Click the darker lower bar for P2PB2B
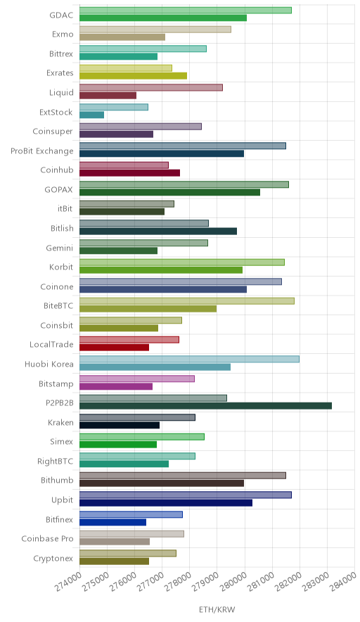(x=205, y=405)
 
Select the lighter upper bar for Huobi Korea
(x=190, y=359)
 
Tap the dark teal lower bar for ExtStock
(x=91, y=115)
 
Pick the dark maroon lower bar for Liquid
(x=108, y=95)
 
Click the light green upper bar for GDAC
(x=186, y=11)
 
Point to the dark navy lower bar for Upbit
(x=166, y=502)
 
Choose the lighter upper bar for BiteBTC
(x=187, y=301)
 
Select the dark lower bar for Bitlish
(x=158, y=231)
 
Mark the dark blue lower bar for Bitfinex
(x=112, y=522)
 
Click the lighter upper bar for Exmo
(x=155, y=30)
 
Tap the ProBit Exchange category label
(x=42, y=151)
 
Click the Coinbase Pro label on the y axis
(x=48, y=539)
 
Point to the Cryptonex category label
(x=53, y=559)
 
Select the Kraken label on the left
(x=60, y=422)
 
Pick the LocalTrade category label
(x=51, y=344)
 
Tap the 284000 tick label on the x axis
(x=344, y=582)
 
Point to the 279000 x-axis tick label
(x=206, y=582)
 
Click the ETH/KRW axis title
(x=217, y=610)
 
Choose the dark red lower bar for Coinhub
(x=129, y=173)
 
